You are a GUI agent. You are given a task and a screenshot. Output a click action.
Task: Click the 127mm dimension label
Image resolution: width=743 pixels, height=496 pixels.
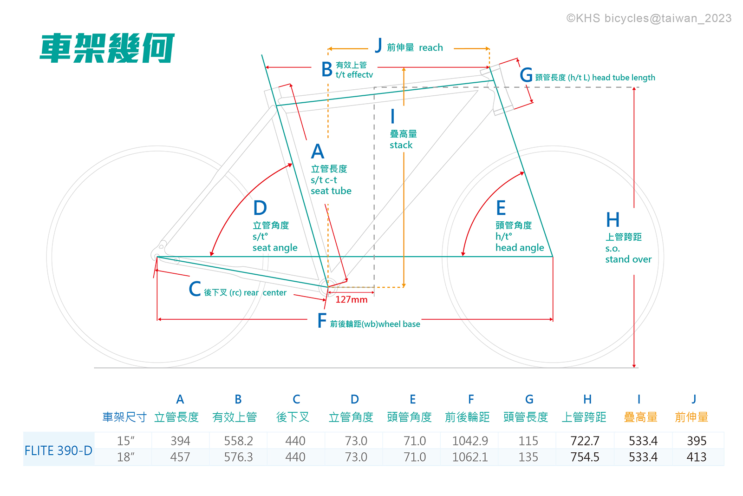click(351, 300)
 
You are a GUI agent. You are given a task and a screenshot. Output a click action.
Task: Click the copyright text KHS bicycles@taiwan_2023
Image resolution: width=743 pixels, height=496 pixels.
click(649, 18)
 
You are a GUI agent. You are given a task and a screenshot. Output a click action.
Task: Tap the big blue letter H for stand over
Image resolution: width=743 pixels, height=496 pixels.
click(613, 220)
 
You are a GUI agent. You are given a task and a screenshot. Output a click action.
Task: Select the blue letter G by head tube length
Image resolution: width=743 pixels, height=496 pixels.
click(526, 75)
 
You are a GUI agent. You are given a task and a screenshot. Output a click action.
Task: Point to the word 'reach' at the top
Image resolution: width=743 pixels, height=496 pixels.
click(431, 47)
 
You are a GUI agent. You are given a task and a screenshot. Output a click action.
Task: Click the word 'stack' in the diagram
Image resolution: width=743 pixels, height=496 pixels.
click(401, 145)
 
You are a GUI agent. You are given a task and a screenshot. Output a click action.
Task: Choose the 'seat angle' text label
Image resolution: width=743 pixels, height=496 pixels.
click(275, 248)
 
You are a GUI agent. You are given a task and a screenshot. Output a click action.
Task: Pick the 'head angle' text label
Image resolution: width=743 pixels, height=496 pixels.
click(520, 248)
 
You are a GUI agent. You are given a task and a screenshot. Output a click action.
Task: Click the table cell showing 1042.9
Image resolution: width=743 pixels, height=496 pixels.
click(470, 441)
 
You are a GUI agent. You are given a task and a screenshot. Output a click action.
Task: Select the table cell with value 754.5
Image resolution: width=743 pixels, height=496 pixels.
click(585, 457)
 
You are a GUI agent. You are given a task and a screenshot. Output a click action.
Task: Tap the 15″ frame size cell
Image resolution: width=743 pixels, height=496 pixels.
click(125, 441)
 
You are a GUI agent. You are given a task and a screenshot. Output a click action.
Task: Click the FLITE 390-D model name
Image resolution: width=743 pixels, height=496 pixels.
click(59, 450)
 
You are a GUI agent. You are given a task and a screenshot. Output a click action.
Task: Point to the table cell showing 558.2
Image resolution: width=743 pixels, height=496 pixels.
click(238, 441)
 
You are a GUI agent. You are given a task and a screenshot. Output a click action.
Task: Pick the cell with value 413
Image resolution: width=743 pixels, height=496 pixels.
click(697, 457)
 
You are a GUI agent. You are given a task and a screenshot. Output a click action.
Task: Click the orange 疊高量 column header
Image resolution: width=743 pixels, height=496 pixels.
click(640, 417)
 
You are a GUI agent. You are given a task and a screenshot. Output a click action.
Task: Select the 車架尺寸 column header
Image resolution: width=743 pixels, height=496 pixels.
click(124, 417)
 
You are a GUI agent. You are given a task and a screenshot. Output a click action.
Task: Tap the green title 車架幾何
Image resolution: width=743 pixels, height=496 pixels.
click(107, 48)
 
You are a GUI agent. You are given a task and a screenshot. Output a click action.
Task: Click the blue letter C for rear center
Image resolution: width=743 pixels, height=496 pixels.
click(195, 289)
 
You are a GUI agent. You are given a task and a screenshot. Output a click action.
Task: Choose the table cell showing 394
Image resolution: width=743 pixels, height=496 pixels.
click(180, 441)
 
